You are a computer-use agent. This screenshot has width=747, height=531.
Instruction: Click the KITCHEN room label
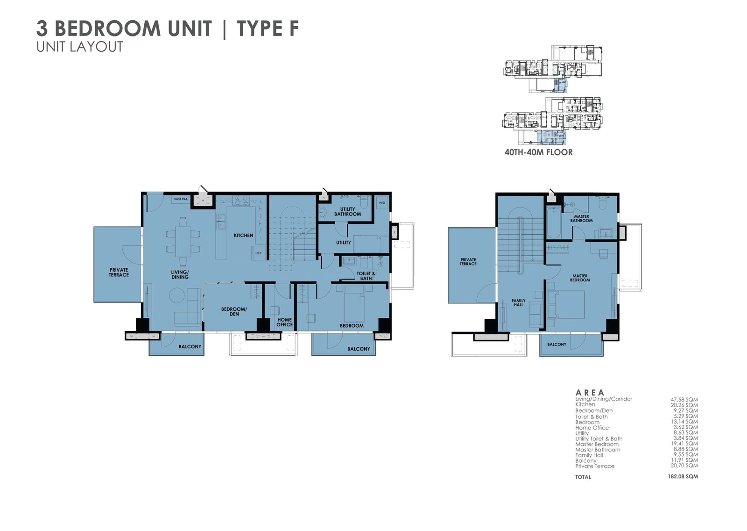(243, 236)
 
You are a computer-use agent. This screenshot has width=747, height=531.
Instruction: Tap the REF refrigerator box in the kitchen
(259, 253)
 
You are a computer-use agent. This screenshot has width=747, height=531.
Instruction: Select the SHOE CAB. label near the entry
(181, 200)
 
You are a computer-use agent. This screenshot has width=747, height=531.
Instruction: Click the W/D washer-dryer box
(382, 203)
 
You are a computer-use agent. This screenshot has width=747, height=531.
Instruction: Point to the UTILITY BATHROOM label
(347, 212)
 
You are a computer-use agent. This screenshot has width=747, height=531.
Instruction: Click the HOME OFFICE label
(284, 322)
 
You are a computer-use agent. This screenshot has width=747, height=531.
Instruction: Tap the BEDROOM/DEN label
(234, 312)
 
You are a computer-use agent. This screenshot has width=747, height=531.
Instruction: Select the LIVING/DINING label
(180, 274)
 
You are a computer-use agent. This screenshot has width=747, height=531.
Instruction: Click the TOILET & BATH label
(366, 276)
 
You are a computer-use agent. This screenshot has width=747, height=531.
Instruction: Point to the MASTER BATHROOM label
(581, 218)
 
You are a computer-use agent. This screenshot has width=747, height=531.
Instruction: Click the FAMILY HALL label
(519, 302)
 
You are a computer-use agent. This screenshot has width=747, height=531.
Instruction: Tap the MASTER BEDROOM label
(580, 278)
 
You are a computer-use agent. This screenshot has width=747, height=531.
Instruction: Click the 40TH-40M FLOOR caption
(538, 152)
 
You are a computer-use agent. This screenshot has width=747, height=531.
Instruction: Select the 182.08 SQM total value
(683, 476)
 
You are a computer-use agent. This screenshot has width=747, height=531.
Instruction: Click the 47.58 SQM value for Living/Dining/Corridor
(684, 400)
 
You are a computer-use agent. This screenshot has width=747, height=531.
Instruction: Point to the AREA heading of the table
(590, 392)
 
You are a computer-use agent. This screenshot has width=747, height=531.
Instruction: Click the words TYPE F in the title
(268, 29)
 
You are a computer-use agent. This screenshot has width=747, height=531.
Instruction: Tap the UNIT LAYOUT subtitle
(80, 47)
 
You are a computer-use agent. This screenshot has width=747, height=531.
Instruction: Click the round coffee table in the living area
(177, 295)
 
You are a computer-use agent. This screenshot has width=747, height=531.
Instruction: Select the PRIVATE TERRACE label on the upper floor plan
(468, 261)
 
